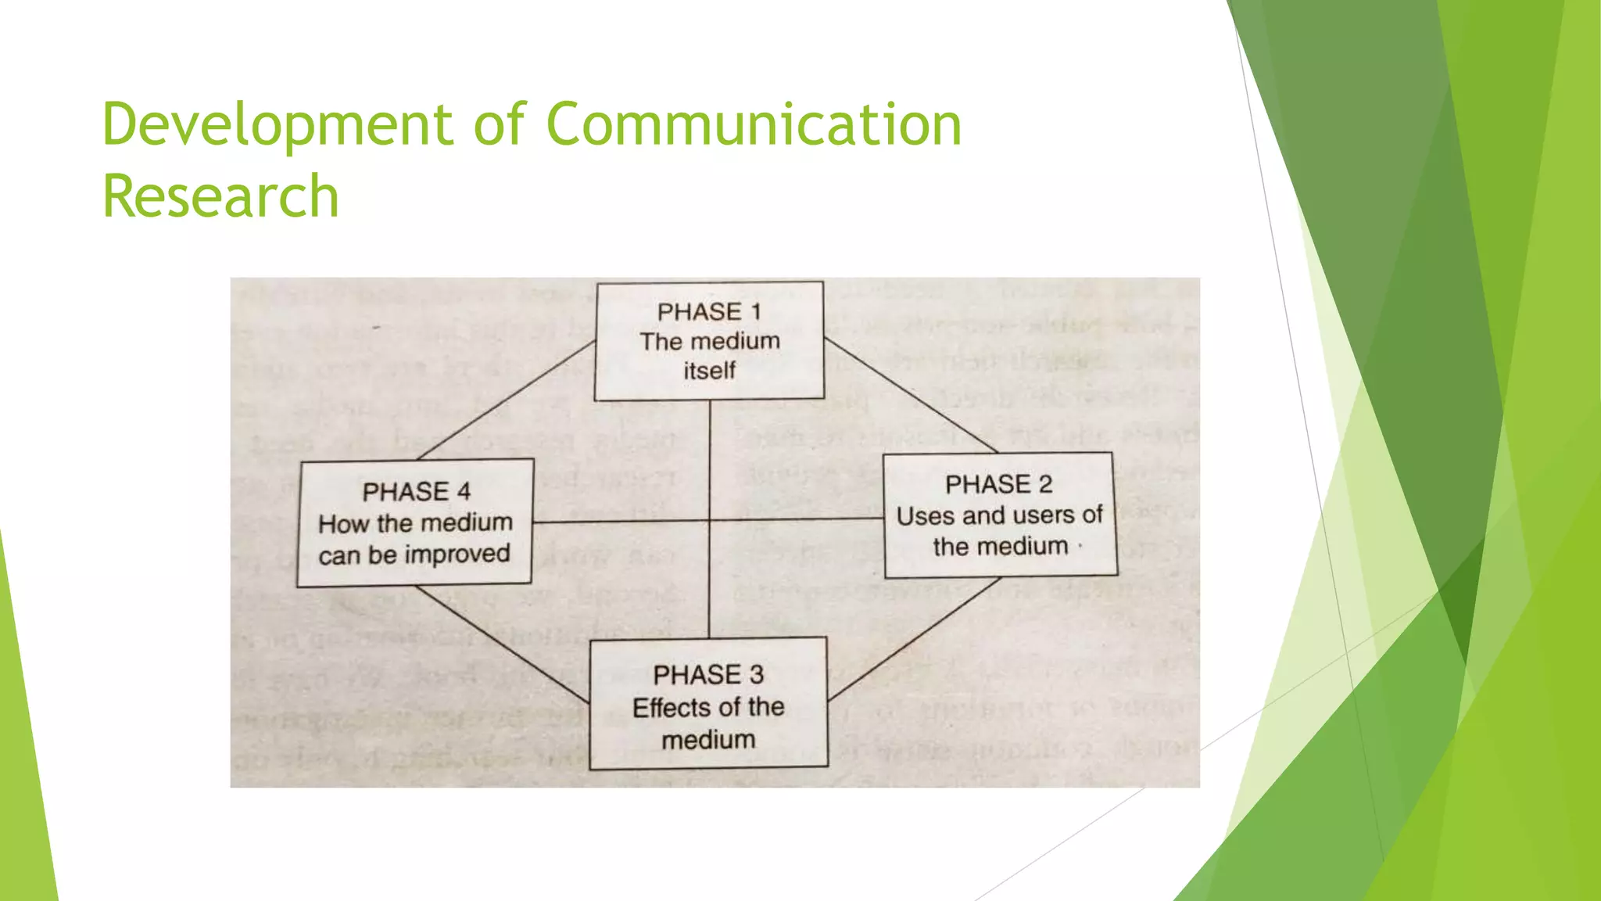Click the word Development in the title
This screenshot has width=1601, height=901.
[x=278, y=125]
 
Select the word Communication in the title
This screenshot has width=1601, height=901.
[x=754, y=125]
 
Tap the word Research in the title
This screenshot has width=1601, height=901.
[x=220, y=196]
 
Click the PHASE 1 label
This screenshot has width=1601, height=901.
[x=709, y=312]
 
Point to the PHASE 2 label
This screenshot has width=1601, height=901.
[x=998, y=485]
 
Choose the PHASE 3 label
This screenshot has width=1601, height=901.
[x=708, y=674]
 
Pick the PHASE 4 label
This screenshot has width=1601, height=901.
[x=416, y=492]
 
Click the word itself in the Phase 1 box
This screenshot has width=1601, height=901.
[x=709, y=370]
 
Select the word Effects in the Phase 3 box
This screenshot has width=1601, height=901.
[x=662, y=708]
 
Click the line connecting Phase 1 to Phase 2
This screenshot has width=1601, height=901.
[x=911, y=396]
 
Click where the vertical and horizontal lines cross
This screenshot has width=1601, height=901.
[x=709, y=520]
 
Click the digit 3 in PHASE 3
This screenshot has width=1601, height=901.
[x=756, y=674]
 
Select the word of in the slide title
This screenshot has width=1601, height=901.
[x=499, y=125]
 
